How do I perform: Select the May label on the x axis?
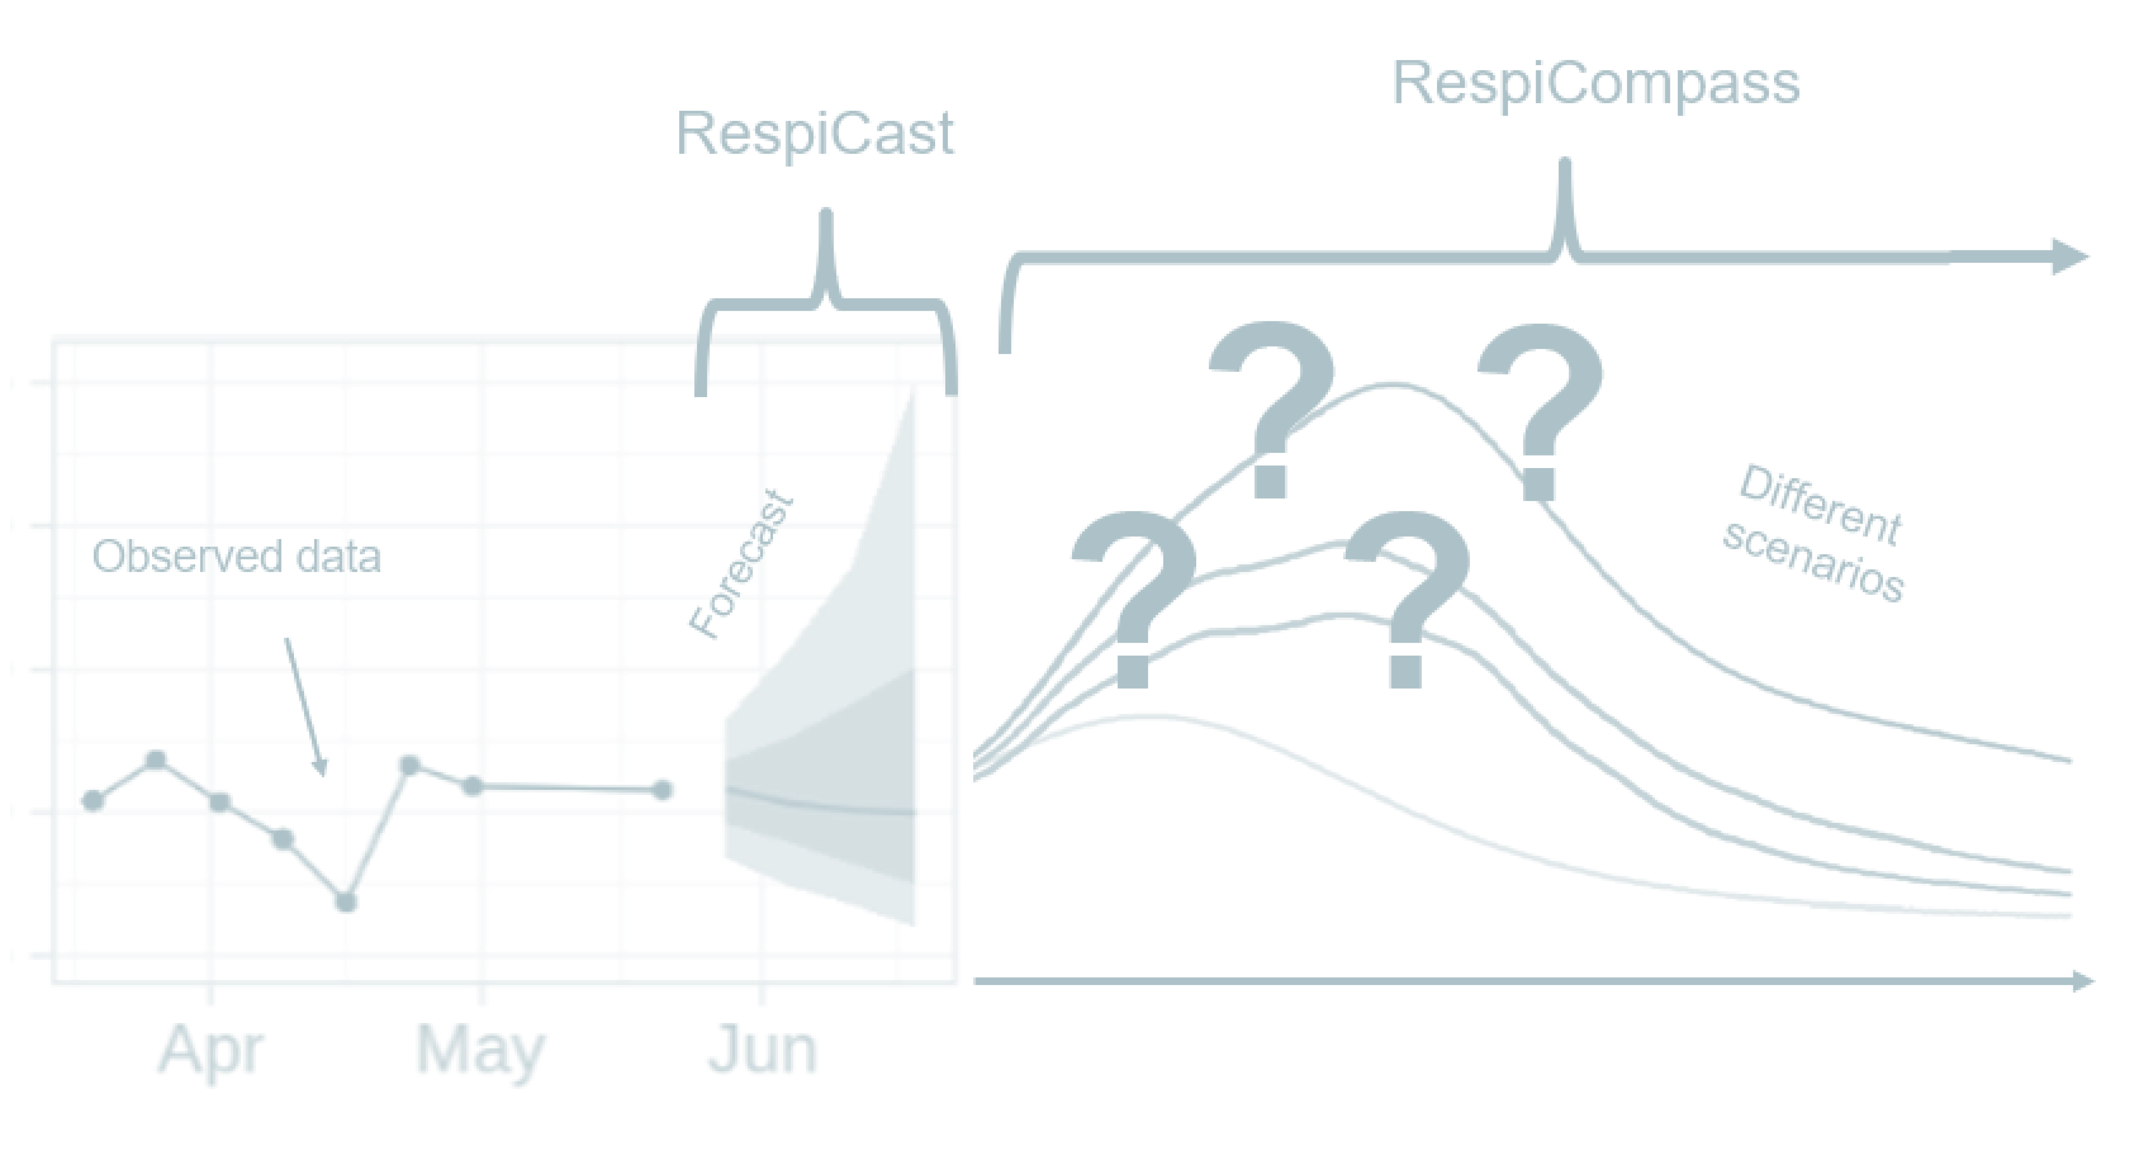pos(482,1051)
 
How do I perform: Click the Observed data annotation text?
pos(236,556)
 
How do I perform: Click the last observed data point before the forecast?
pos(663,789)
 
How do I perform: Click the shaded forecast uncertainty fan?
pos(822,772)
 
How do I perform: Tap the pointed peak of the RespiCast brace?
pos(825,218)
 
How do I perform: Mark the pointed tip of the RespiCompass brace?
pos(1565,166)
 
